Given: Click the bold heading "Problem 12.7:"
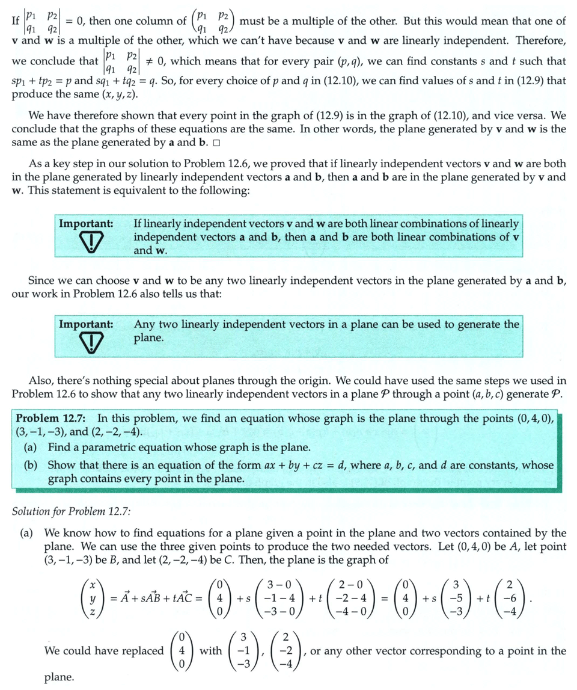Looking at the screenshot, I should point(52,418).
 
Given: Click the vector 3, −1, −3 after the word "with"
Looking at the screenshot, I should point(243,651).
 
